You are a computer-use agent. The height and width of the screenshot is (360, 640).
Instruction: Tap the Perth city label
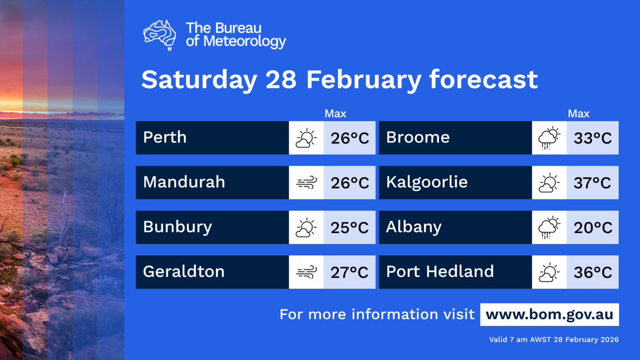click(165, 138)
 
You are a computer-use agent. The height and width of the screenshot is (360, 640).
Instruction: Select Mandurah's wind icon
click(306, 183)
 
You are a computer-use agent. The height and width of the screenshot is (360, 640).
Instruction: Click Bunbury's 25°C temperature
click(349, 228)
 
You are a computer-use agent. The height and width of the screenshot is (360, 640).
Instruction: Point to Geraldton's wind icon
click(306, 273)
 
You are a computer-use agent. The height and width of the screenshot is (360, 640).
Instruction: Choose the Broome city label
click(418, 138)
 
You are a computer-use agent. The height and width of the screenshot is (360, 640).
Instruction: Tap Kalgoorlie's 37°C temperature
click(593, 183)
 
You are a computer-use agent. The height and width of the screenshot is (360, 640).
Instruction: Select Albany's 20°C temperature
click(593, 228)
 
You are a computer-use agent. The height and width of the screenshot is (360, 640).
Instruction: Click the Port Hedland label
click(439, 271)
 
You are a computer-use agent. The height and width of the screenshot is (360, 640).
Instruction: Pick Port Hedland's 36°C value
click(593, 273)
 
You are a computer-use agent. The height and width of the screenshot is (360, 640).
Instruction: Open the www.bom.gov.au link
click(549, 314)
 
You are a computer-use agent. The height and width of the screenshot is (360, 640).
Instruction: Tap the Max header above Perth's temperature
click(335, 114)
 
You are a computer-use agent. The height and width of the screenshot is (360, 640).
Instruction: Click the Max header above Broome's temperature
click(579, 114)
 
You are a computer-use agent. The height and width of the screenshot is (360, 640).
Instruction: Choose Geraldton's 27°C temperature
click(349, 273)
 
